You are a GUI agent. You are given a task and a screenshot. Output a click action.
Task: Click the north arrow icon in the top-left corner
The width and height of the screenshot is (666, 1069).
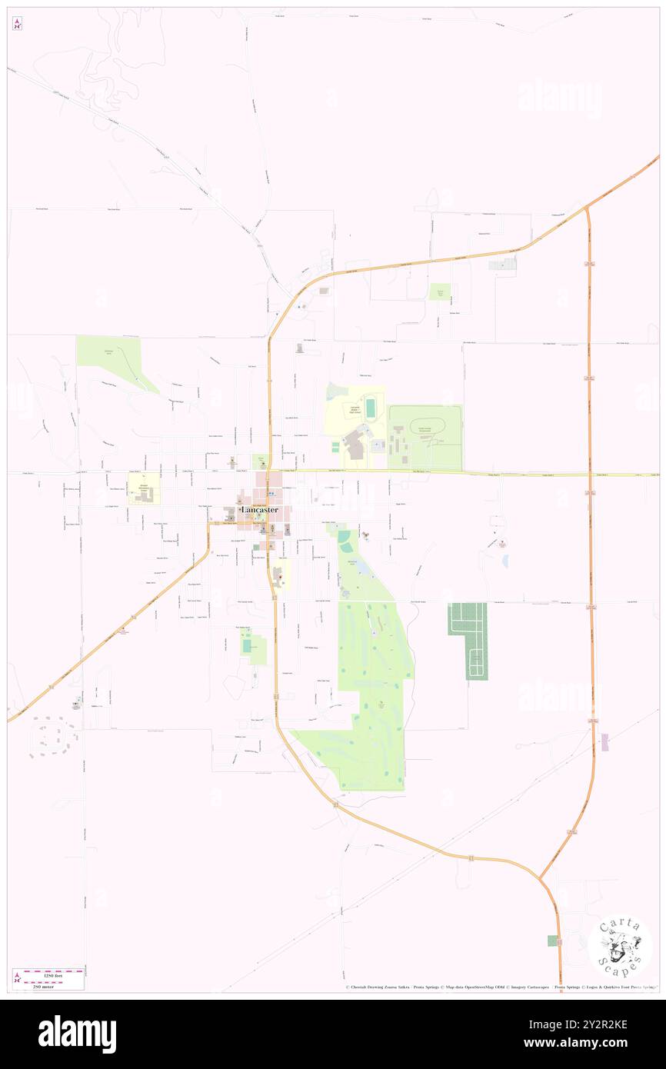pos(17,23)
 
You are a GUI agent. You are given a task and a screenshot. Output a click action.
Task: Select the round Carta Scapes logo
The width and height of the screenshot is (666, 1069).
pos(619,946)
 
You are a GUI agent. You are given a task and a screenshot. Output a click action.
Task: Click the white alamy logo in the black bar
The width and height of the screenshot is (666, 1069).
pos(77,1034)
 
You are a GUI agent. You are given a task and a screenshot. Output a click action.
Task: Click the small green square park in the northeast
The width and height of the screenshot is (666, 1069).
pos(440,291)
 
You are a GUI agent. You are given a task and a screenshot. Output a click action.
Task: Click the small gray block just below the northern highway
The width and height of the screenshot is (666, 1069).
pos(503,265)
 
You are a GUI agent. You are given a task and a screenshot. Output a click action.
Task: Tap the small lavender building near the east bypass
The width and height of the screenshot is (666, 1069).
pos(604,742)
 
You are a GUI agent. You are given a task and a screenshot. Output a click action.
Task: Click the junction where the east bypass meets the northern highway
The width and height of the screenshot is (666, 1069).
pos(586,208)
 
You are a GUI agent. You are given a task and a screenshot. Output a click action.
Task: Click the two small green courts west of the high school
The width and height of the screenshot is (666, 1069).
pos(336,445)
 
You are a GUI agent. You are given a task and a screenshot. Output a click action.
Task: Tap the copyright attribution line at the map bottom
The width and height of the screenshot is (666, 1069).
pos(500,987)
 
